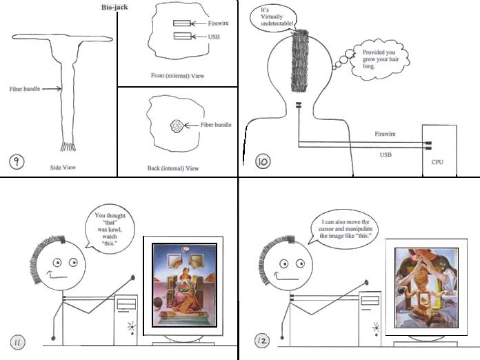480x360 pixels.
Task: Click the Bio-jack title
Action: (114, 7)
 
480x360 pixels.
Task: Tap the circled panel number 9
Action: (17, 161)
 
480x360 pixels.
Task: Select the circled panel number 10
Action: (263, 161)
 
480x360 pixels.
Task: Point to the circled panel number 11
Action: (18, 343)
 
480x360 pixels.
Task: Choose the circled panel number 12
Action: (262, 341)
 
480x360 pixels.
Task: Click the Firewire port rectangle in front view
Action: (182, 23)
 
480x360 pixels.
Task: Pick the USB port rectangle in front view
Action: (183, 36)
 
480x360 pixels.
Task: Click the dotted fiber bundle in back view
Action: (177, 126)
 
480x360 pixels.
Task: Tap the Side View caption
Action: (63, 168)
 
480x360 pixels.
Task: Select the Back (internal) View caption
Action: (173, 168)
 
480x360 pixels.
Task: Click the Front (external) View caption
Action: (177, 76)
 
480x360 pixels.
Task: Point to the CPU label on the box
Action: (437, 162)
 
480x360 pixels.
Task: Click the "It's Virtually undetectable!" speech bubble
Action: (273, 17)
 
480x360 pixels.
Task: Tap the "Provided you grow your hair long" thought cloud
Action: (379, 59)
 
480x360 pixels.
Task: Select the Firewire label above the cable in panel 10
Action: (385, 134)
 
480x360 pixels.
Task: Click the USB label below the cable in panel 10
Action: (386, 155)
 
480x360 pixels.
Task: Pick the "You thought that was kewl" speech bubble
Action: (109, 229)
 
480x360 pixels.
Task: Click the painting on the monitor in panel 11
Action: (185, 286)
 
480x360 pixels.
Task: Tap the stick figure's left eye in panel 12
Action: (283, 263)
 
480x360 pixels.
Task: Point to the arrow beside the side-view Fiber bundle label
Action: (52, 89)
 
